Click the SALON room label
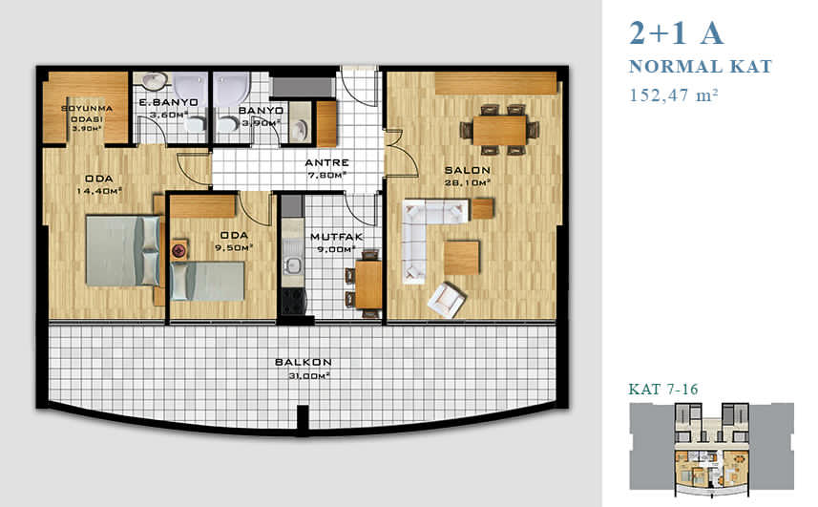467,170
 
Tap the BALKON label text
304,362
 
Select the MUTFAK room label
337,237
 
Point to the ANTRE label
326,162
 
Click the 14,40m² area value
99,191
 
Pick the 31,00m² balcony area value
309,375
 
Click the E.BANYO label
169,103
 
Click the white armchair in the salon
446,300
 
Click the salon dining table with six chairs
499,130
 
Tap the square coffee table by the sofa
461,257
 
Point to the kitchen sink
293,265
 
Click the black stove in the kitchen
294,301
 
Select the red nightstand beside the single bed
179,250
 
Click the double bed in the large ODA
122,251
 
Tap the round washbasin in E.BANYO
155,80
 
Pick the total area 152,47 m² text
674,95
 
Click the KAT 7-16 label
662,390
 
